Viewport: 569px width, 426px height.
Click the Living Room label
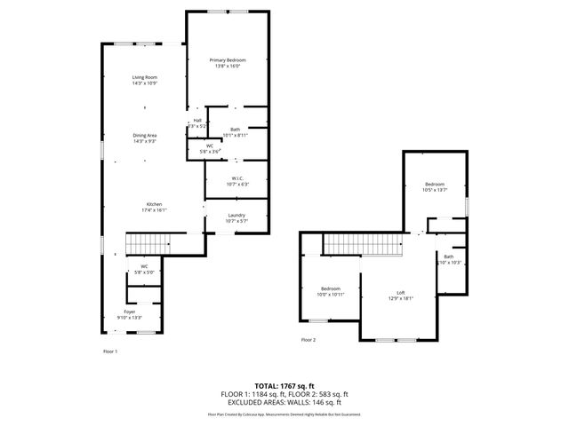click(144, 78)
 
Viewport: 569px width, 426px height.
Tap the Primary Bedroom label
click(227, 59)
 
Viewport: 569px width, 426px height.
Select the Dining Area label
click(144, 135)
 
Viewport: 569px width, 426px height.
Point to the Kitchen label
click(154, 204)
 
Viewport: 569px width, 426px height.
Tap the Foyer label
click(130, 312)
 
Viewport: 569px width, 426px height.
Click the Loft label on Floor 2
click(401, 293)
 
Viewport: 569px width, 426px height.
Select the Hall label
click(196, 122)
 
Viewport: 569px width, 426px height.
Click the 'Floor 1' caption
click(110, 351)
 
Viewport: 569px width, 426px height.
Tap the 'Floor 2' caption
click(308, 340)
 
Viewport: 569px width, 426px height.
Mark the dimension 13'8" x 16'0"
click(227, 66)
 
